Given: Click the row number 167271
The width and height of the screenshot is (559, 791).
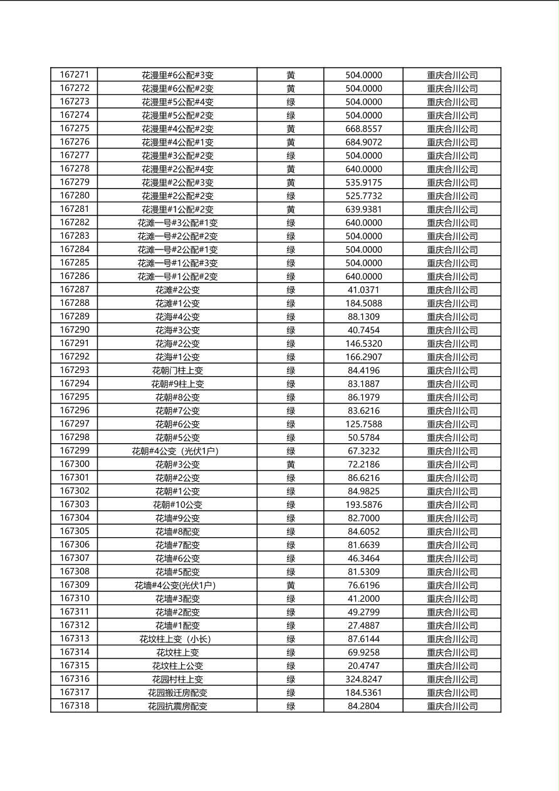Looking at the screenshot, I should [74, 75].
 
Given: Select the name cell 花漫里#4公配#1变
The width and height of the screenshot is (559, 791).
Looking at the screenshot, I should [177, 142].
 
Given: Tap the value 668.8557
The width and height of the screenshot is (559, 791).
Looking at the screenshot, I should [363, 128].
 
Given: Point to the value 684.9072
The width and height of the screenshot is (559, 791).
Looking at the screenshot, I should [363, 142].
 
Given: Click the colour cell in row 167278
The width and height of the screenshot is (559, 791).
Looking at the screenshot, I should [291, 169].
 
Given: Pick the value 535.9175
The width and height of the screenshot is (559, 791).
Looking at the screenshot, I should [363, 182].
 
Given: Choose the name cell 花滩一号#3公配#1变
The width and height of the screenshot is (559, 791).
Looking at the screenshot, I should [177, 223].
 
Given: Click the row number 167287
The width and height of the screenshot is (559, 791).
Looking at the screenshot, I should [74, 290].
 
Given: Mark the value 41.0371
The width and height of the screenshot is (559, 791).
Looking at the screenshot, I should [363, 290].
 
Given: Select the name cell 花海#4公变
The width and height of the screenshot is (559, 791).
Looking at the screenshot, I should [177, 317].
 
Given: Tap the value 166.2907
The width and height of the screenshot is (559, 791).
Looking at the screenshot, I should [363, 357].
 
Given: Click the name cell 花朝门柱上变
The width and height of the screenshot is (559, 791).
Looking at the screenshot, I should [177, 370].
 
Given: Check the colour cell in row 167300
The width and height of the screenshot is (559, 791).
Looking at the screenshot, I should [291, 464].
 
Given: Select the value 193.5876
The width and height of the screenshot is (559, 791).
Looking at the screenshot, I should [363, 505].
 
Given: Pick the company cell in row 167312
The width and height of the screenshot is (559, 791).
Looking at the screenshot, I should [452, 626].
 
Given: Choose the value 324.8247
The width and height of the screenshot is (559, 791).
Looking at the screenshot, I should [363, 679].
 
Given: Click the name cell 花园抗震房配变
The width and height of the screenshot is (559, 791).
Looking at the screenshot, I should [177, 706].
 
